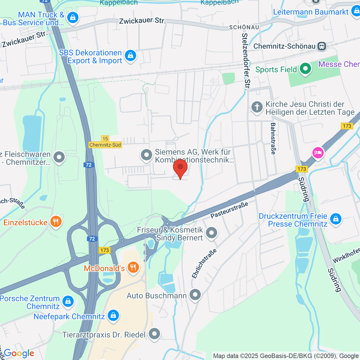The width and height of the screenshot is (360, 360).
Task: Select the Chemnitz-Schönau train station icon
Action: click(x=322, y=46)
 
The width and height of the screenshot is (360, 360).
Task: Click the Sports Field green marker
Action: click(x=305, y=69)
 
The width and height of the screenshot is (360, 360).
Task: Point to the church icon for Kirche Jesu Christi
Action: click(x=257, y=107)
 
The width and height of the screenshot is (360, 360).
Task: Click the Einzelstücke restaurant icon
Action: click(x=56, y=222)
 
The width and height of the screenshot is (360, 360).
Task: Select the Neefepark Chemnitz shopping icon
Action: click(x=113, y=316)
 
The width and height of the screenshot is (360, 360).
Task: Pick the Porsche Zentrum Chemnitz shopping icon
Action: click(x=68, y=301)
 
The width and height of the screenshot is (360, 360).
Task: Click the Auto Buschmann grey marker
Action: click(x=195, y=295)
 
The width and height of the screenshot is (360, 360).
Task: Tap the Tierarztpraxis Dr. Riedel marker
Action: click(x=154, y=334)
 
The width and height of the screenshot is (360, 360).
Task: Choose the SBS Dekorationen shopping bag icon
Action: click(x=130, y=56)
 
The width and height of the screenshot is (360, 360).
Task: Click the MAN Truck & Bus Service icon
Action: click(x=73, y=18)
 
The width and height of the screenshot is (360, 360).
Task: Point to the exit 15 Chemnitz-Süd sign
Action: click(x=105, y=142)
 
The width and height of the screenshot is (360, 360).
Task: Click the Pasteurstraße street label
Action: click(x=229, y=210)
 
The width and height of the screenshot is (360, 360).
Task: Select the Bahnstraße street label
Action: click(x=273, y=139)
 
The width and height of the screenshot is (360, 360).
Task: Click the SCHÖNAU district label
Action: click(x=244, y=27)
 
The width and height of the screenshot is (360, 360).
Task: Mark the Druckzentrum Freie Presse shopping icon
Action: click(x=336, y=219)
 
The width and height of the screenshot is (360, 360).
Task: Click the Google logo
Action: click(x=19, y=353)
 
